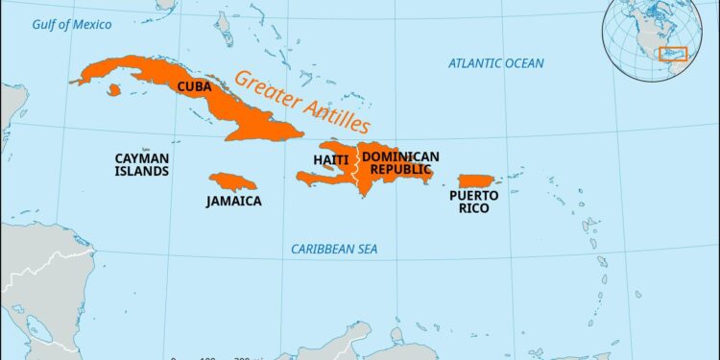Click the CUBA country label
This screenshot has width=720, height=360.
[194, 85]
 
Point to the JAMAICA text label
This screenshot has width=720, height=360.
[233, 202]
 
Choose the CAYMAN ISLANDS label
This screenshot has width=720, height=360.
[142, 164]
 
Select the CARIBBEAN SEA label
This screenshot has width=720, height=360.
[334, 250]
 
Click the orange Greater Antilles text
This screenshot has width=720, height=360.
[301, 102]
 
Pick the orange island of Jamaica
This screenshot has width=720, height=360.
[232, 180]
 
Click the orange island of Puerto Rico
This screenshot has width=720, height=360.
[475, 180]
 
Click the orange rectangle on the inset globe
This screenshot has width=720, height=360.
[672, 53]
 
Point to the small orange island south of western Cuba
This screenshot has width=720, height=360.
[114, 90]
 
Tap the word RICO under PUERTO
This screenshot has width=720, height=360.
[474, 208]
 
